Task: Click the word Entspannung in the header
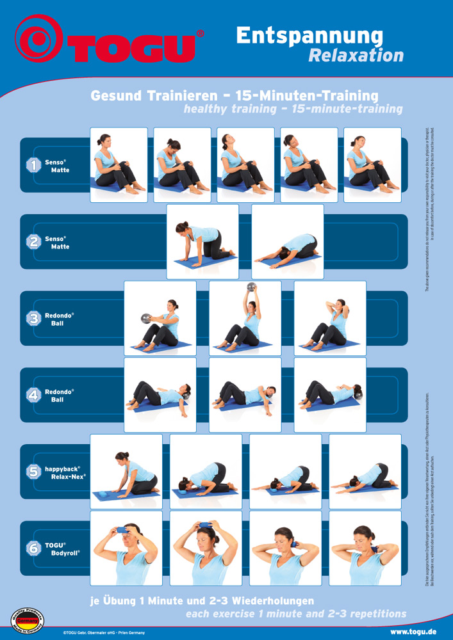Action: pyautogui.click(x=309, y=36)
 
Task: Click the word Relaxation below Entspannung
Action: pyautogui.click(x=356, y=56)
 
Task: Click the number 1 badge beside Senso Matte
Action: pyautogui.click(x=33, y=165)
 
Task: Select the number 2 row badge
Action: pyautogui.click(x=33, y=242)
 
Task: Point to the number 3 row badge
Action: pyautogui.click(x=33, y=319)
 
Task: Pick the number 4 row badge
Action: pyautogui.click(x=33, y=395)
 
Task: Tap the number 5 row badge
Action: pyautogui.click(x=33, y=472)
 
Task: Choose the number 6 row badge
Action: pyautogui.click(x=33, y=548)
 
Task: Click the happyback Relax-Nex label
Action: pyautogui.click(x=65, y=472)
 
